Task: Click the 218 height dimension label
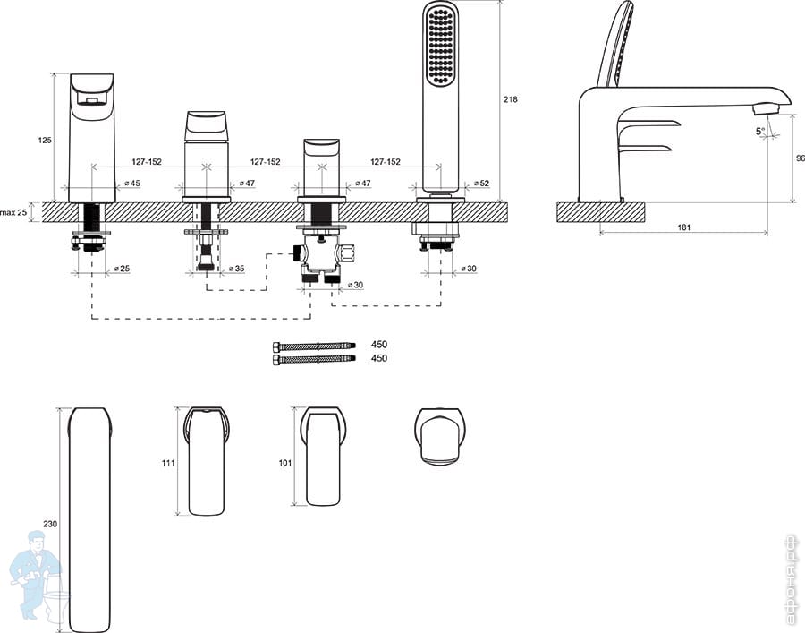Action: [x=510, y=99]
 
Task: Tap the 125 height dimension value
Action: [x=46, y=140]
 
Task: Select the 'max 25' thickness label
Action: [x=13, y=211]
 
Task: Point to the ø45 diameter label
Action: [x=132, y=183]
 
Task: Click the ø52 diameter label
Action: [x=481, y=183]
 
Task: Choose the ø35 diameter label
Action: [x=236, y=269]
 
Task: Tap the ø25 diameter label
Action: [x=122, y=269]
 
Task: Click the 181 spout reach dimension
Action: [x=684, y=227]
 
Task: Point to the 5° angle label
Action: [x=760, y=131]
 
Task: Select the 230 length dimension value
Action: [x=50, y=524]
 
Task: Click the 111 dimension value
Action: [x=168, y=462]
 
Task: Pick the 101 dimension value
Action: [x=285, y=462]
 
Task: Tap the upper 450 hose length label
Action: [x=379, y=344]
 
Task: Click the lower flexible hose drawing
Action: [x=314, y=359]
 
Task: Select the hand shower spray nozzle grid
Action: [x=440, y=47]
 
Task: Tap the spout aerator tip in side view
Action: [x=766, y=108]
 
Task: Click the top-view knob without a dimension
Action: [x=440, y=437]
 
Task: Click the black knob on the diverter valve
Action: [x=297, y=252]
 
